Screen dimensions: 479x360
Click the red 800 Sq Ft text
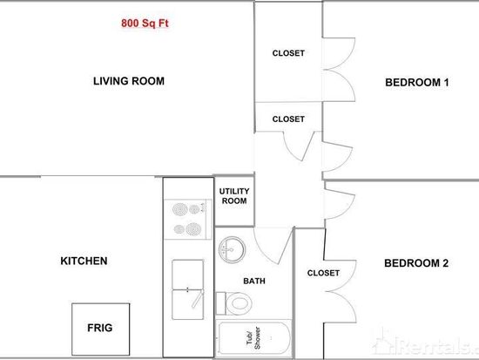point(145,24)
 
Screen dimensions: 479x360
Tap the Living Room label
point(129,81)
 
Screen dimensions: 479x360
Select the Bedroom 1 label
point(417,82)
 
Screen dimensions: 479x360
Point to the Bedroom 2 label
point(416,263)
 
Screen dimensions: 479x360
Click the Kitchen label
point(84,261)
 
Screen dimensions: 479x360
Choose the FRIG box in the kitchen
point(101,329)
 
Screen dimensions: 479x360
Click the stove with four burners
point(188,219)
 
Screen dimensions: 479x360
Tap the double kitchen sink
point(188,289)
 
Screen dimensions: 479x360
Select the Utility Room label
point(234,196)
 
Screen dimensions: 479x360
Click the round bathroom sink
point(232,249)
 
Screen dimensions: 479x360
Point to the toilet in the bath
point(233,303)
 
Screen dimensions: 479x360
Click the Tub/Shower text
point(253,338)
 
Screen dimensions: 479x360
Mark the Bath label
point(254,281)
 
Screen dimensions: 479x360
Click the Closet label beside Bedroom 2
point(323,273)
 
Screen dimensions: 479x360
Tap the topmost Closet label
point(288,53)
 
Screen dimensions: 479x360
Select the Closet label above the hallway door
point(288,119)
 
